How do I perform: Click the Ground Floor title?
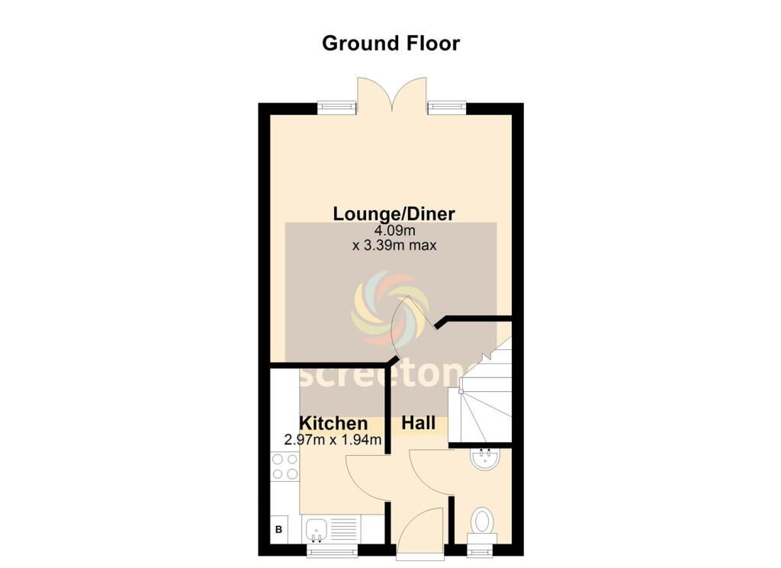(390, 43)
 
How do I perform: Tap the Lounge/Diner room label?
(394, 213)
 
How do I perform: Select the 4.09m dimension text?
(394, 230)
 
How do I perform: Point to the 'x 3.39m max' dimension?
(394, 245)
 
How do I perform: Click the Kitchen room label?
(333, 423)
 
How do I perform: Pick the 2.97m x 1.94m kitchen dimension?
(333, 440)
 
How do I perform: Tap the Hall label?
(419, 423)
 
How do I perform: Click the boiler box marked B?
(279, 529)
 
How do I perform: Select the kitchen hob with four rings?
(284, 467)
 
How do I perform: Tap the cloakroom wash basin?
(484, 460)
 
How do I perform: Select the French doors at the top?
(392, 94)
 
